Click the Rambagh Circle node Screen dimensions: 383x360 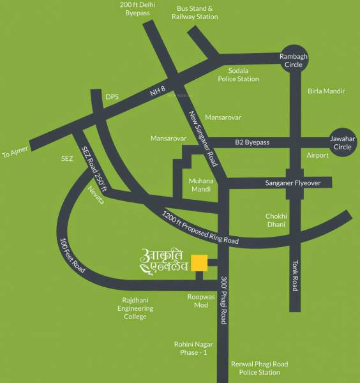pos(294,61)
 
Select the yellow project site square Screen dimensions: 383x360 pos(200,263)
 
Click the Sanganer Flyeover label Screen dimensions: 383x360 pos(292,183)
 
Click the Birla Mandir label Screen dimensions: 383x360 pos(326,91)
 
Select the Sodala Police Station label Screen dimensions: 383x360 pos(239,75)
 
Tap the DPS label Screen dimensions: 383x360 pos(112,97)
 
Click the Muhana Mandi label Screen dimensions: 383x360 pos(201,185)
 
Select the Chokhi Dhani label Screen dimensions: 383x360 pos(279,220)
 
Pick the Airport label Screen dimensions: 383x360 pos(317,155)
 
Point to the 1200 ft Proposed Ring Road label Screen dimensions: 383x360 pos(200,229)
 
